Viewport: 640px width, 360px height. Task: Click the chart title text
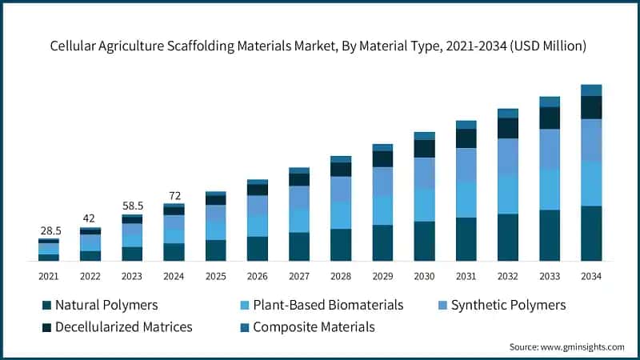tap(319, 47)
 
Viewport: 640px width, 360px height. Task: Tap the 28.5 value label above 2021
tap(49, 230)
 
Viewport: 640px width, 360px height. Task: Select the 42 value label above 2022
tap(90, 218)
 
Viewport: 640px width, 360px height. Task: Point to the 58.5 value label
tap(132, 206)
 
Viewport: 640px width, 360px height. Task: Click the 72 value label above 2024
tap(174, 195)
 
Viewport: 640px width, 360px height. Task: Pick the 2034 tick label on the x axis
tap(591, 275)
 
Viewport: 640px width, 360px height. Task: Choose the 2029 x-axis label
tap(382, 275)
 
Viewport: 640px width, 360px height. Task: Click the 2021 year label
tap(49, 275)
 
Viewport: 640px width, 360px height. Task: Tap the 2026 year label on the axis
tap(258, 275)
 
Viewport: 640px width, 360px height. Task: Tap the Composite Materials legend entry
tap(313, 326)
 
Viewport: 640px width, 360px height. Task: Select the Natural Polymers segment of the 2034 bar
tap(591, 233)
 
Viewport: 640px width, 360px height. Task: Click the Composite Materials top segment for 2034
tap(591, 90)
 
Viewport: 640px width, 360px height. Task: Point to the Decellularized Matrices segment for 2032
tap(508, 128)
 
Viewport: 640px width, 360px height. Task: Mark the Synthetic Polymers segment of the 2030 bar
tap(424, 173)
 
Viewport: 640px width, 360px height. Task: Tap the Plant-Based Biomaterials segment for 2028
tap(341, 215)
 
